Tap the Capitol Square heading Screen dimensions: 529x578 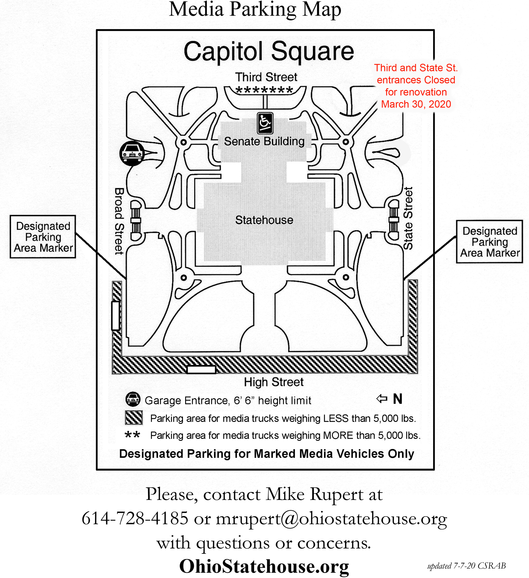pyautogui.click(x=269, y=52)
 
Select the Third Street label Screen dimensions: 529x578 pyautogui.click(x=266, y=77)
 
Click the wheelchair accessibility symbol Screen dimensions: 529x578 pyautogui.click(x=265, y=123)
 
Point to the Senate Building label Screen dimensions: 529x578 pyautogui.click(x=264, y=141)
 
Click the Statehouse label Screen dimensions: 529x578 pyautogui.click(x=264, y=220)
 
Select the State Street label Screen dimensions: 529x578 pyautogui.click(x=408, y=218)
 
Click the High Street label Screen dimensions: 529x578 pyautogui.click(x=274, y=382)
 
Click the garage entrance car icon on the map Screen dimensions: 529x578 pyautogui.click(x=132, y=153)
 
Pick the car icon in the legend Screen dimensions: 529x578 pyautogui.click(x=133, y=399)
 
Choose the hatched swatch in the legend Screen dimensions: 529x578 pyautogui.click(x=134, y=418)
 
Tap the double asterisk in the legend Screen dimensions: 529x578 pyautogui.click(x=132, y=435)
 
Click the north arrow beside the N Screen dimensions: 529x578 pyautogui.click(x=382, y=399)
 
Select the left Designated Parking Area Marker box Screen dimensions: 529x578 pyautogui.click(x=43, y=237)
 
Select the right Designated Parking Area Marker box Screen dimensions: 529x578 pyautogui.click(x=490, y=241)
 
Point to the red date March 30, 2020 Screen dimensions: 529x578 pyautogui.click(x=416, y=104)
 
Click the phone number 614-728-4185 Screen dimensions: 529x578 pyautogui.click(x=135, y=518)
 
